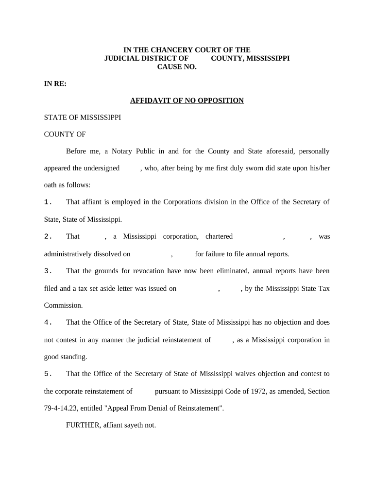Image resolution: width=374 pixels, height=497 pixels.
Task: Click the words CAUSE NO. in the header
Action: click(177, 67)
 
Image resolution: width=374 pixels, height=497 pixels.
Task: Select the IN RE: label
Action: click(55, 84)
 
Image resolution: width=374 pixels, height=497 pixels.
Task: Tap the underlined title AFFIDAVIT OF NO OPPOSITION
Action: click(187, 100)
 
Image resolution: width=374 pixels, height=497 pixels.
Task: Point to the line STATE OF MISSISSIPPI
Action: click(83, 117)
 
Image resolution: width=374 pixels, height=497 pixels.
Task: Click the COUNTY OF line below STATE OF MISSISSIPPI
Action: click(65, 134)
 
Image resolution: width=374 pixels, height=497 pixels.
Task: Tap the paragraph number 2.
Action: click(48, 237)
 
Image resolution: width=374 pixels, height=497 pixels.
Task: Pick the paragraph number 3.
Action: click(48, 271)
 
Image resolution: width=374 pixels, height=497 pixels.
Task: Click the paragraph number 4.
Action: click(48, 322)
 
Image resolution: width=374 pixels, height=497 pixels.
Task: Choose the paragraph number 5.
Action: click(48, 374)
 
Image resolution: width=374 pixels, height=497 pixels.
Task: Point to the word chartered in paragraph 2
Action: click(219, 237)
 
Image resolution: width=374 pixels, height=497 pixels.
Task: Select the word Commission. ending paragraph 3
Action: click(64, 305)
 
